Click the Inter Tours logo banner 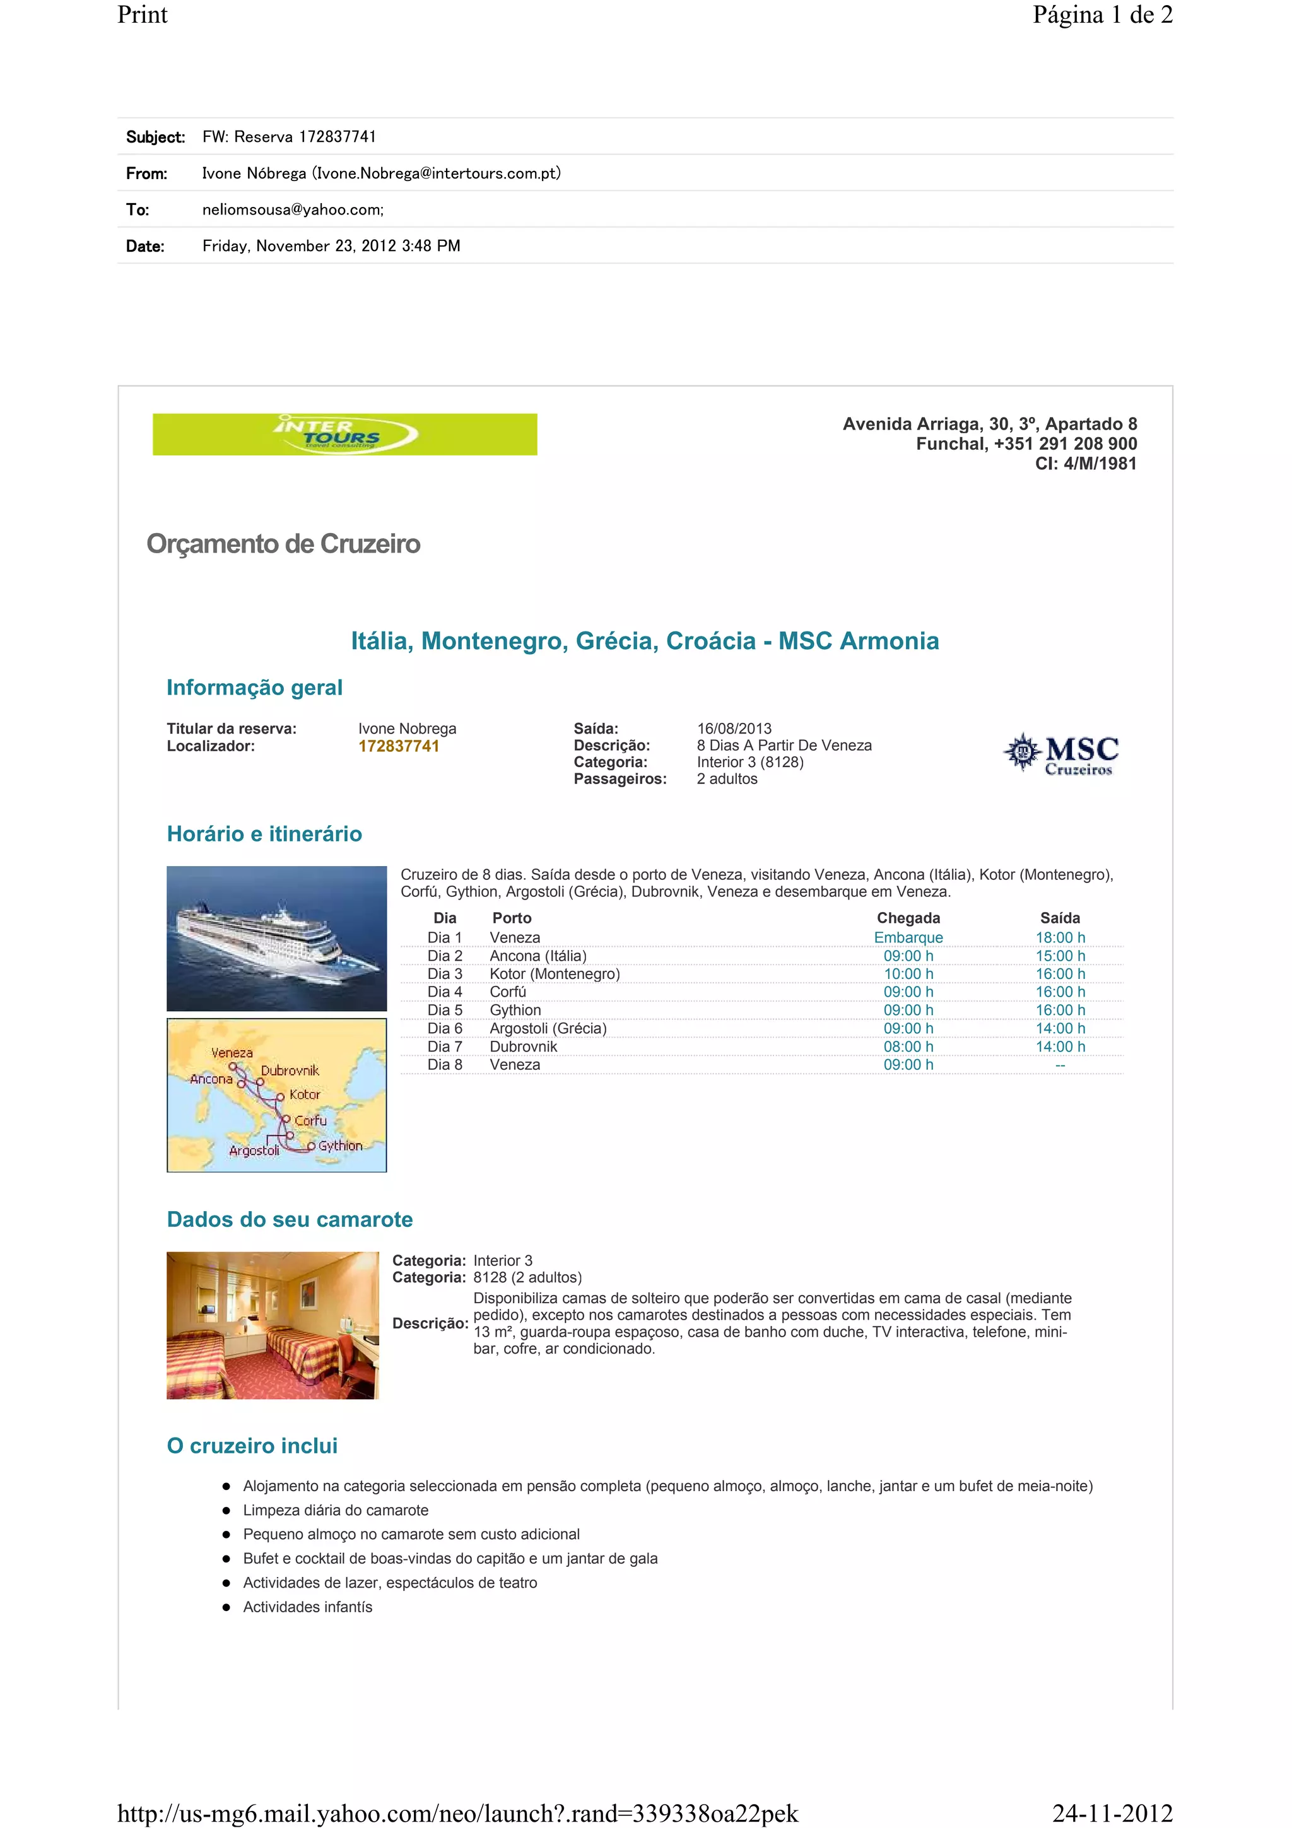pos(344,434)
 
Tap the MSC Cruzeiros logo pos(1061,753)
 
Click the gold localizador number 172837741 pos(399,746)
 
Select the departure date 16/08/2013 pos(734,729)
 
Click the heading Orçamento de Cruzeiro pos(283,544)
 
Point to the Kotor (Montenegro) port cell pos(555,974)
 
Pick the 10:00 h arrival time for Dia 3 pos(908,974)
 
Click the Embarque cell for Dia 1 pos(908,938)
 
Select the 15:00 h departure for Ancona pos(1060,956)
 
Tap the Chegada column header pos(908,918)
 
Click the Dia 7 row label pos(444,1046)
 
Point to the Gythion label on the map pos(340,1145)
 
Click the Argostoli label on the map pos(254,1151)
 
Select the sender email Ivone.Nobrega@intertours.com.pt pos(436,173)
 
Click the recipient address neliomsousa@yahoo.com pos(291,210)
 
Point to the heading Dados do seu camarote pos(290,1220)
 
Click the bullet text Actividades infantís pos(307,1607)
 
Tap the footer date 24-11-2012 pos(1112,1813)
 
